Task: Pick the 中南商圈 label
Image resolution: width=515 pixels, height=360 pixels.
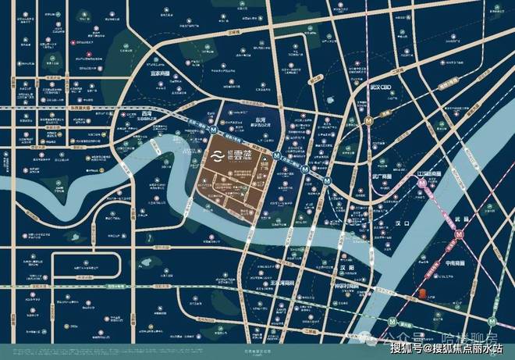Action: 461,263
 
